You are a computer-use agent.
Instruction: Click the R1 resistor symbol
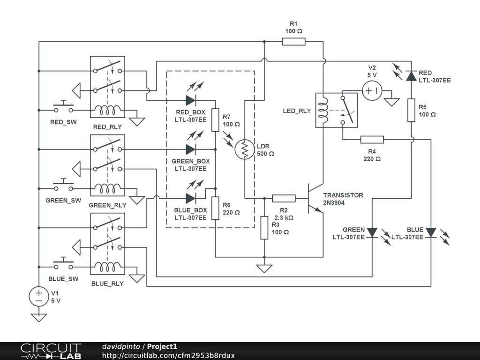293,42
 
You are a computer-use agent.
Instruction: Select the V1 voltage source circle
39,296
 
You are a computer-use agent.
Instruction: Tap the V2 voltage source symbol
372,90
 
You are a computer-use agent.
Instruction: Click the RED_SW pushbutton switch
63,108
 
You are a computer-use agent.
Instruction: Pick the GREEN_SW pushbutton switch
63,186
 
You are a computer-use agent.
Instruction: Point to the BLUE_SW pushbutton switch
63,264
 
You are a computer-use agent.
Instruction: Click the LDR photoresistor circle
245,150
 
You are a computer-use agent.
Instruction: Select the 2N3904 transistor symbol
315,198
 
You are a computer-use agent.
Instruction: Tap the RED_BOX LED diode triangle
191,100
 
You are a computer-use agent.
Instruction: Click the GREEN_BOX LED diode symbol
191,150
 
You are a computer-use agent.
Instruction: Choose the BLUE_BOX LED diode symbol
191,198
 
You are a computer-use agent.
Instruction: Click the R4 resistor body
372,140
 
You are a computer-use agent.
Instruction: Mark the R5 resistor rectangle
411,110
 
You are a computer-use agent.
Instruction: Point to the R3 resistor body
264,228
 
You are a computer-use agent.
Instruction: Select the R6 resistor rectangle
215,208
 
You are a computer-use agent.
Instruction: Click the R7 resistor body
215,120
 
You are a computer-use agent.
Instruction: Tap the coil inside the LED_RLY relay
323,110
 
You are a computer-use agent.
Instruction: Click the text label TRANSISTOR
343,195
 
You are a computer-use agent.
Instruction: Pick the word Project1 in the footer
162,346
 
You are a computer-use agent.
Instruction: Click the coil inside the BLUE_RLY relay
107,267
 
